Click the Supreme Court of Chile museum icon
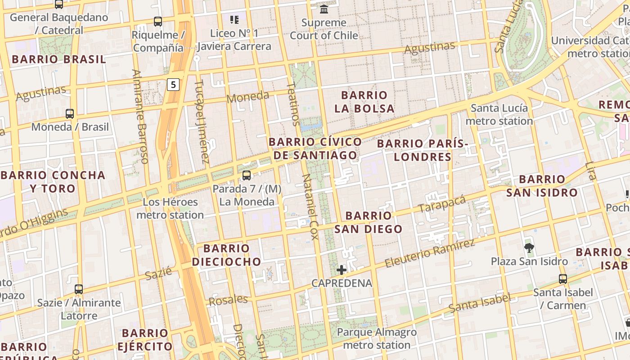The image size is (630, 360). pyautogui.click(x=324, y=9)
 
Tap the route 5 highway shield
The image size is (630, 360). pyautogui.click(x=173, y=84)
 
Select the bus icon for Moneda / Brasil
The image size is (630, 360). pyautogui.click(x=70, y=113)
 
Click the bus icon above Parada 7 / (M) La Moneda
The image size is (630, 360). pyautogui.click(x=246, y=175)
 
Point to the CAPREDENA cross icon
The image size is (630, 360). pyautogui.click(x=342, y=270)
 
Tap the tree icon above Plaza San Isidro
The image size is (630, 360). pyautogui.click(x=529, y=247)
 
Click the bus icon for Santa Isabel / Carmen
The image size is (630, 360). pyautogui.click(x=563, y=279)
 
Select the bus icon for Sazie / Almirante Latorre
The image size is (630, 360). pyautogui.click(x=79, y=289)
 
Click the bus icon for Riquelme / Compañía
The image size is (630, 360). pyautogui.click(x=158, y=21)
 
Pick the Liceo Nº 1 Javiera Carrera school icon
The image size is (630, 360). pyautogui.click(x=234, y=19)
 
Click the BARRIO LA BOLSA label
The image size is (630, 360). pyautogui.click(x=364, y=102)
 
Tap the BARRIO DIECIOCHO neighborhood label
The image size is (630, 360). pyautogui.click(x=226, y=255)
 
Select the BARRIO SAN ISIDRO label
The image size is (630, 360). pyautogui.click(x=542, y=186)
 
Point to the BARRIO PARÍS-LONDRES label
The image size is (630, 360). pyautogui.click(x=422, y=150)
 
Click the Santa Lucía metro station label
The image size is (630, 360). pyautogui.click(x=499, y=114)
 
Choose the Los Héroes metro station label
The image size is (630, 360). pyautogui.click(x=170, y=208)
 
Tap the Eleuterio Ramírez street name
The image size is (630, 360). pyautogui.click(x=430, y=254)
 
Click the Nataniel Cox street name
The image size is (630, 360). pyautogui.click(x=310, y=207)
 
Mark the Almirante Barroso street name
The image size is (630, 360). pyautogui.click(x=140, y=116)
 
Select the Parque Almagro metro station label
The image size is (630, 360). pyautogui.click(x=377, y=339)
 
